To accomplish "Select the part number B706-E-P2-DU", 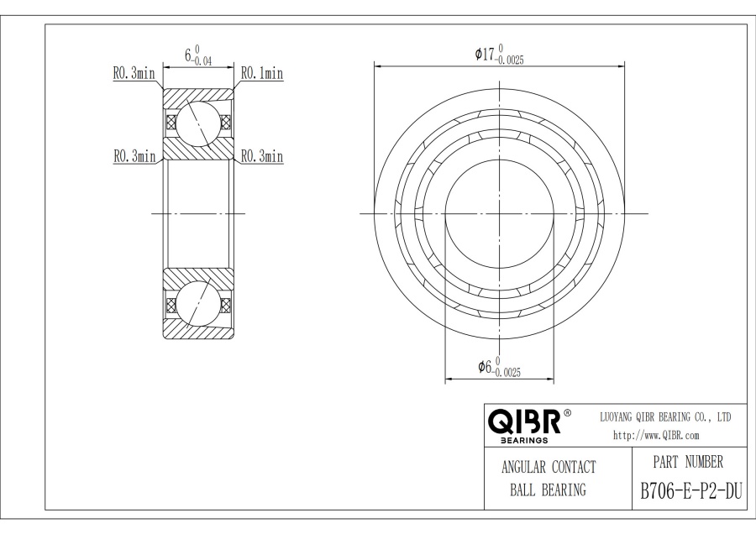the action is click(691, 491).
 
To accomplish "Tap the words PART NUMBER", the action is click(688, 462).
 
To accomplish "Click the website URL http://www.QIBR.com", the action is click(656, 436).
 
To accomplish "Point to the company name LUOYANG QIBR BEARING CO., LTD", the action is click(665, 417).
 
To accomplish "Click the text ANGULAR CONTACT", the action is click(549, 467).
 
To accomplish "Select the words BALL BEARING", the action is click(549, 490).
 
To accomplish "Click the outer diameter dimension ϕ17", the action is click(485, 54).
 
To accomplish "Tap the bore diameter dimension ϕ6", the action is click(485, 367).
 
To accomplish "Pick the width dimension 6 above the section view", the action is click(188, 55).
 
